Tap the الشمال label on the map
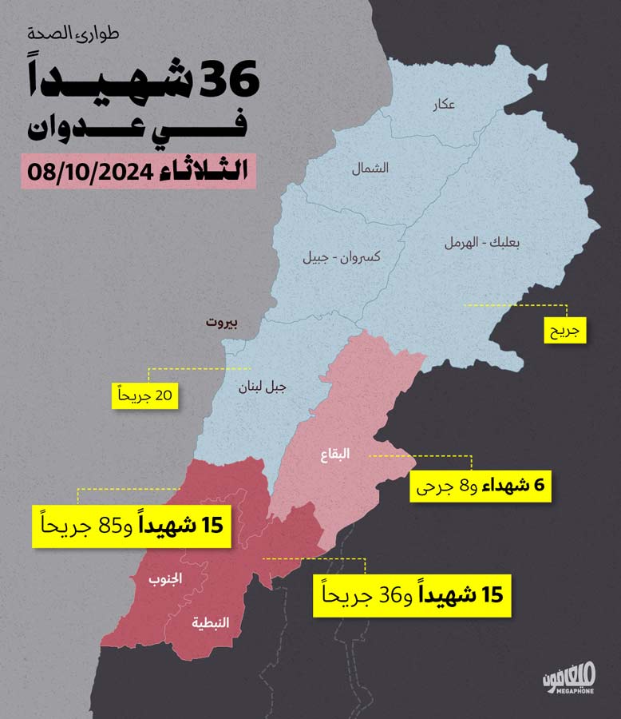370,168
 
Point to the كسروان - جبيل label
341,258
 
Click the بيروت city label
227,323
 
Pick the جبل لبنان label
262,388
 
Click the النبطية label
211,622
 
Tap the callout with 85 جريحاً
131,526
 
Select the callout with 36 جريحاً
411,596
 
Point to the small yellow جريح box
565,328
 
